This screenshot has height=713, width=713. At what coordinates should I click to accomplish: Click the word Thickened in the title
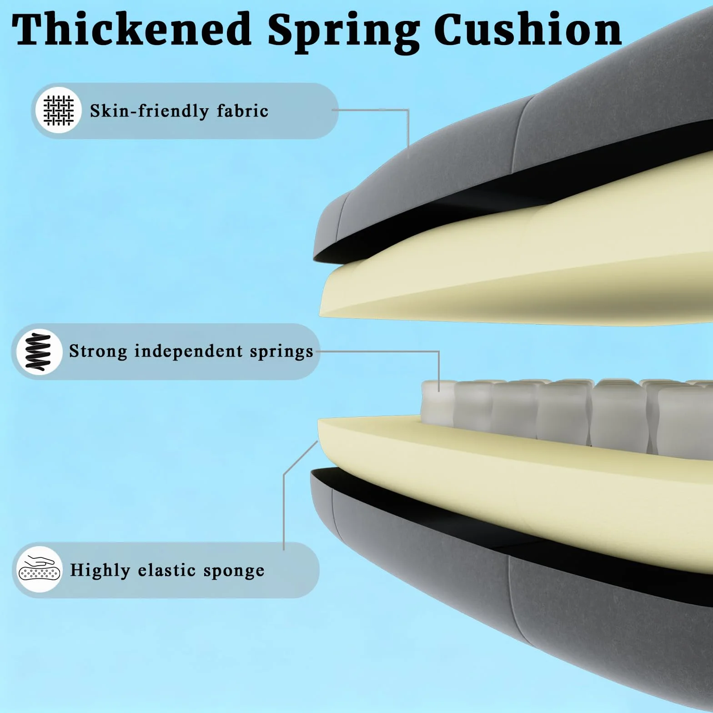point(131,30)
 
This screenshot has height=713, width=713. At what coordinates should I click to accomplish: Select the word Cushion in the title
point(528,30)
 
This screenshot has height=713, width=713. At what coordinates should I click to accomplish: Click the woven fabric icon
point(58,110)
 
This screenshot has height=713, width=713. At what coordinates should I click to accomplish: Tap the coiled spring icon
point(39,351)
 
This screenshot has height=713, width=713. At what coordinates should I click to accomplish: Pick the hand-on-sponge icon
point(40,569)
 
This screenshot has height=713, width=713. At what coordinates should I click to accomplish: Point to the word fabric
point(242,110)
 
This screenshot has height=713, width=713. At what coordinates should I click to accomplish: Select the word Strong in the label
point(98,351)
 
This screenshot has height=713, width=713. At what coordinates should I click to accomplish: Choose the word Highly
point(100,570)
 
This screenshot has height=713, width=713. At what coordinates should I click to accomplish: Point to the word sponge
point(233,572)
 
